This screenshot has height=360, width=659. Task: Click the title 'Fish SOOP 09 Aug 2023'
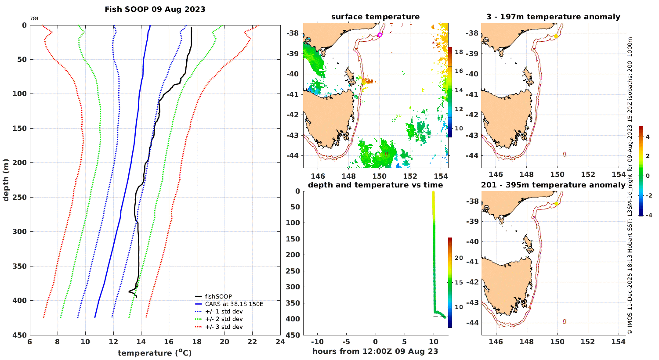coord(155,9)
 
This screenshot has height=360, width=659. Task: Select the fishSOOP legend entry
coord(218,296)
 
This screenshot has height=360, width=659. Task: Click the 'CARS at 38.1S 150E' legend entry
coord(234,304)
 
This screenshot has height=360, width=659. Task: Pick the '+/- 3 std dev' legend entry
coord(224,327)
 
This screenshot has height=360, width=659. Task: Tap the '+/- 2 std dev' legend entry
coord(224,319)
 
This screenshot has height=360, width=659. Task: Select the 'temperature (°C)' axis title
coord(155,353)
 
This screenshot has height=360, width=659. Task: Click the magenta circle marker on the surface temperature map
coord(380,35)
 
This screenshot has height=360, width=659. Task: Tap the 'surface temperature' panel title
coord(375,17)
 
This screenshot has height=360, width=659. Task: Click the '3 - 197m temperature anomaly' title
coord(553,17)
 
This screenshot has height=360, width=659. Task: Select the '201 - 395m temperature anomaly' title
coord(553,185)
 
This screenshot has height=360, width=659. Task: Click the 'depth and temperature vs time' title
coord(375,185)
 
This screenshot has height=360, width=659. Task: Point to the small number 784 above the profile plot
coord(34,19)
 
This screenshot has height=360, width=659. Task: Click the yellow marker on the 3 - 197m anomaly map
coord(556,36)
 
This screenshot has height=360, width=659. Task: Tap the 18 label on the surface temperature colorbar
coord(459,52)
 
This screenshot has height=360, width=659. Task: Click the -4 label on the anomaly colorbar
coord(648,215)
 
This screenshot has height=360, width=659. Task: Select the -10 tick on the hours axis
coord(317,342)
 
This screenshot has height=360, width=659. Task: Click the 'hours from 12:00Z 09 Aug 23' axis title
coord(375,351)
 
